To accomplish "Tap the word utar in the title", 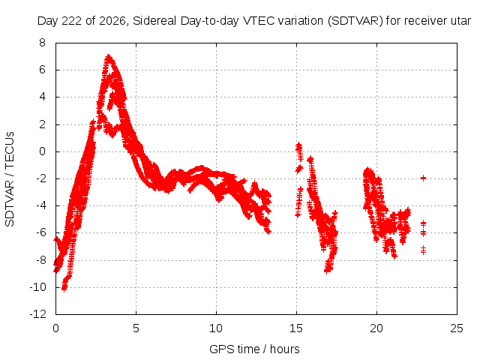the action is [x=460, y=21].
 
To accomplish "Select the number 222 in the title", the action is [x=72, y=21].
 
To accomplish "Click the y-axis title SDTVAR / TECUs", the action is [x=10, y=179].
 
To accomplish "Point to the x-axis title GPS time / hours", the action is [x=254, y=349].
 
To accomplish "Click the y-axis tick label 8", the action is [x=42, y=43].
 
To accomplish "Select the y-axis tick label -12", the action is [x=38, y=314].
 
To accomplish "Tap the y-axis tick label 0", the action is [x=42, y=151].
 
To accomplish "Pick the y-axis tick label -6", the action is [x=40, y=232].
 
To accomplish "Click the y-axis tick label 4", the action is [x=42, y=97].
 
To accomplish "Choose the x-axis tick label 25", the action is [x=457, y=328].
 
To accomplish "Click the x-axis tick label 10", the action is [x=216, y=328].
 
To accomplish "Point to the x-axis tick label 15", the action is [x=296, y=328].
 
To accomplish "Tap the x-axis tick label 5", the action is [x=136, y=328].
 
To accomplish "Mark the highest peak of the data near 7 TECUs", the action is [x=108, y=56].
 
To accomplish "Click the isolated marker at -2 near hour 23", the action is [x=423, y=178].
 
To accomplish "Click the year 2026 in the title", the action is [x=112, y=21].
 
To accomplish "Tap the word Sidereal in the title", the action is [x=154, y=21].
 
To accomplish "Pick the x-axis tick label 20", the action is [x=376, y=328].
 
